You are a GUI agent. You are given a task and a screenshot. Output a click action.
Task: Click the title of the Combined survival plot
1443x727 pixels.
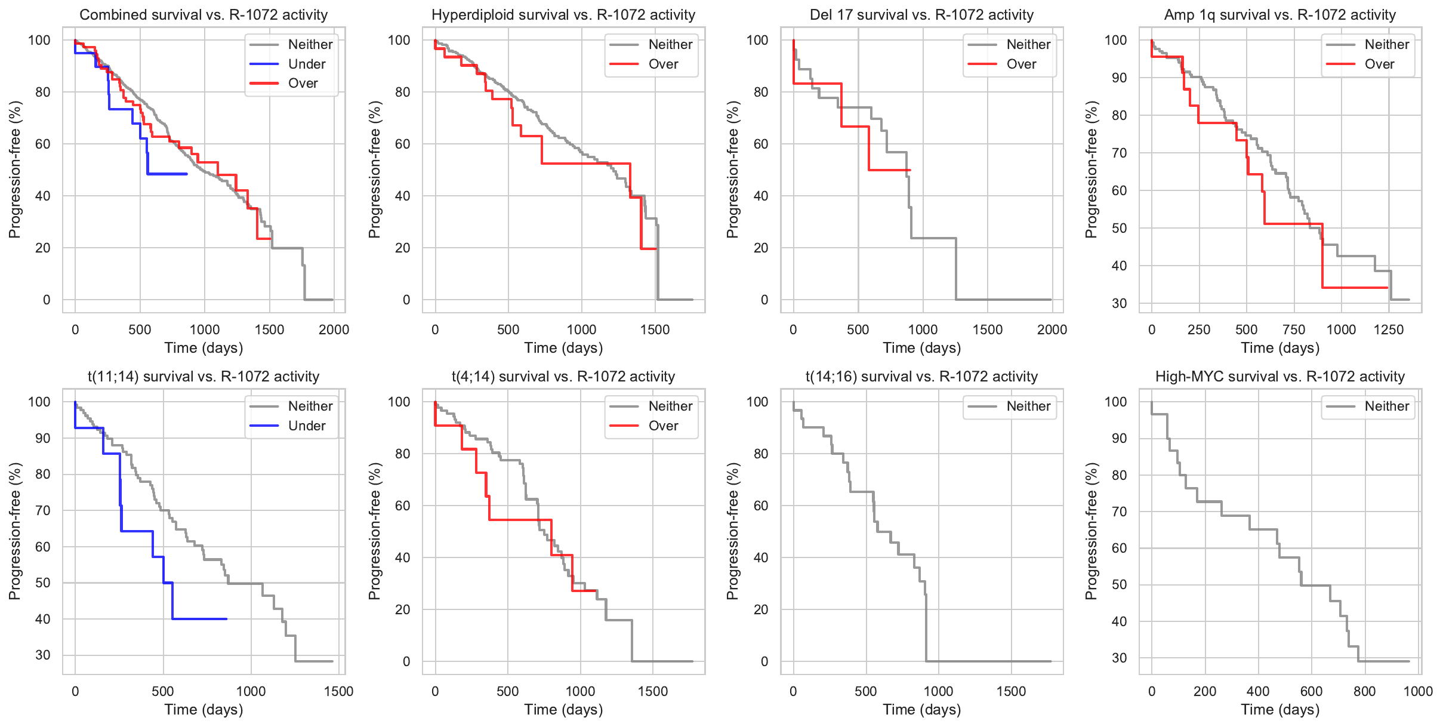click(x=203, y=15)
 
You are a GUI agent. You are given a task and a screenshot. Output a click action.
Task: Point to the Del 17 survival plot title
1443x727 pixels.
click(x=921, y=15)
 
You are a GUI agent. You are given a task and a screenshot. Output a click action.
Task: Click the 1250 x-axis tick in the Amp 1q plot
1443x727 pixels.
click(x=1388, y=329)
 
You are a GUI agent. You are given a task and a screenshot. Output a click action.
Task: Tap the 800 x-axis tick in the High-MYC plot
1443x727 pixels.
click(x=1364, y=691)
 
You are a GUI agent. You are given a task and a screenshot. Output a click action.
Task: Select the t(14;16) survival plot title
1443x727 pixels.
click(x=921, y=377)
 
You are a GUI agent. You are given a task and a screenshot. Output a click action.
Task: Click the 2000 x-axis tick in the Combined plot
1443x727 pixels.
click(x=334, y=329)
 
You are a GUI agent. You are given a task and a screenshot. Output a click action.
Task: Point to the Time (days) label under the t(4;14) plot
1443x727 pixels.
click(x=563, y=710)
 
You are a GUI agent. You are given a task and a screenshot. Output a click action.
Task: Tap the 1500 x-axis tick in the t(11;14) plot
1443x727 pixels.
click(x=338, y=691)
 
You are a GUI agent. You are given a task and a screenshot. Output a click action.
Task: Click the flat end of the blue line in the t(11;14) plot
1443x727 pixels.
click(x=226, y=619)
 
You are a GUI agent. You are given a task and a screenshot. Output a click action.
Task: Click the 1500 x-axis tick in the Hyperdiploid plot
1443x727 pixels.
click(x=655, y=329)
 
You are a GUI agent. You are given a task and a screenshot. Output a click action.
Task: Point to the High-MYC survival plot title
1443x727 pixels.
click(x=1279, y=377)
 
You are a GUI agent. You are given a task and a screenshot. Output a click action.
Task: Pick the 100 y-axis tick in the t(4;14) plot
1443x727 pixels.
click(x=399, y=402)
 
